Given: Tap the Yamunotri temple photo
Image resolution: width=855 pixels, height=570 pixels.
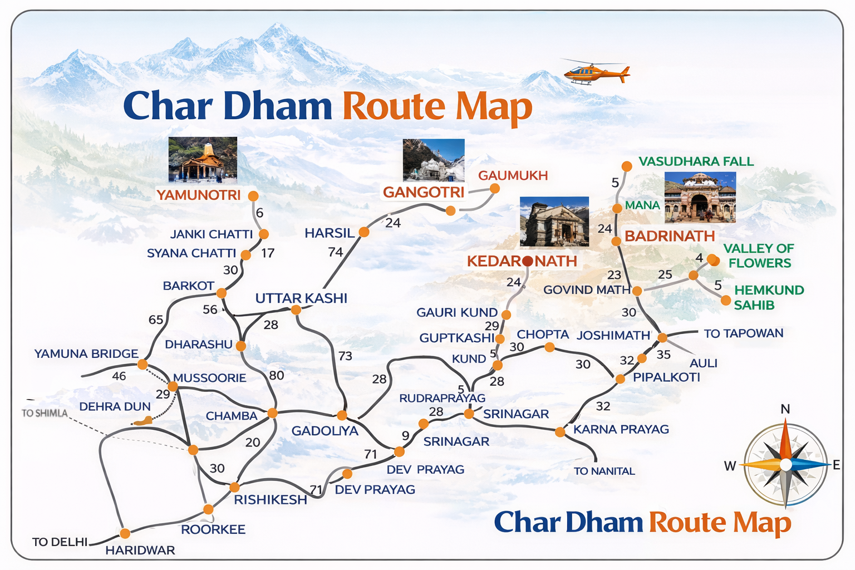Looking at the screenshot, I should click(x=203, y=160).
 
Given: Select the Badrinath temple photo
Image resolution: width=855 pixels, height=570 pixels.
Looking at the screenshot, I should click(x=700, y=197).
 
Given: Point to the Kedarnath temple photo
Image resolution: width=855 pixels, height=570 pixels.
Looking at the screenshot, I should click(x=554, y=222).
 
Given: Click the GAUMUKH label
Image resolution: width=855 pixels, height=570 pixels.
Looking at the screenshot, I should click(x=513, y=175).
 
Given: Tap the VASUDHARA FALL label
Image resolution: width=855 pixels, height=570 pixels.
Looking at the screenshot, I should click(x=696, y=161).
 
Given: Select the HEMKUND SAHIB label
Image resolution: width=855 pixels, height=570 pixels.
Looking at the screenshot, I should click(x=768, y=297).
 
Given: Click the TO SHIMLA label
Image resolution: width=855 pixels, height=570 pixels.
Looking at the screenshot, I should click(x=45, y=413).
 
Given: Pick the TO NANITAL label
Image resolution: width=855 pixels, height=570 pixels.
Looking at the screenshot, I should click(x=604, y=471).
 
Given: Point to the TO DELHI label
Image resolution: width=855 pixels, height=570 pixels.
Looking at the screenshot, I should click(x=60, y=542).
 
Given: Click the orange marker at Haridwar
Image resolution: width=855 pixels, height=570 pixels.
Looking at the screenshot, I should click(x=125, y=533).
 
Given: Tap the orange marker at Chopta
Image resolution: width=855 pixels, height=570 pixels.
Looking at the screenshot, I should click(x=549, y=347).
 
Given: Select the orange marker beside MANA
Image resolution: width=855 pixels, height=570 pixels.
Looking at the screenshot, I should click(x=617, y=209).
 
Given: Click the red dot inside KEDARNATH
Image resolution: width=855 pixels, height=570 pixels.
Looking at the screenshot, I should click(x=528, y=261).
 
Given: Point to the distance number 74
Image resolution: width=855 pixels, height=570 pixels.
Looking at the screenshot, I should click(x=335, y=252).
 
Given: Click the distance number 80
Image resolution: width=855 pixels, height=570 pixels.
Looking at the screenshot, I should click(x=276, y=375).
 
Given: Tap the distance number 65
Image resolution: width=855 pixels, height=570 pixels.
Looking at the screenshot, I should click(x=156, y=320).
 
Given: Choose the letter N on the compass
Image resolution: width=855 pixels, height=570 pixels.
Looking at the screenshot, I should click(x=785, y=409).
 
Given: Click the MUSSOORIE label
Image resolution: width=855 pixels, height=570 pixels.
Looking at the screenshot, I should click(x=209, y=378).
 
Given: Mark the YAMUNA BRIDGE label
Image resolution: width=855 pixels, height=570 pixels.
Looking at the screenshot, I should click(x=86, y=353).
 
